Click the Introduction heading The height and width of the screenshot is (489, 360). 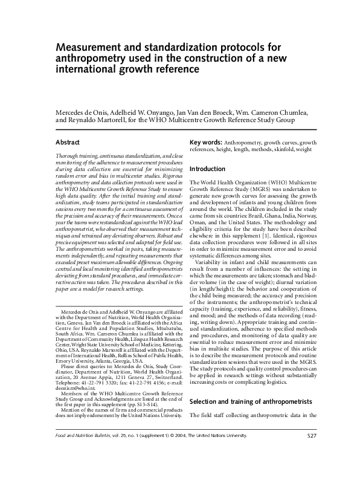point(207,169)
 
